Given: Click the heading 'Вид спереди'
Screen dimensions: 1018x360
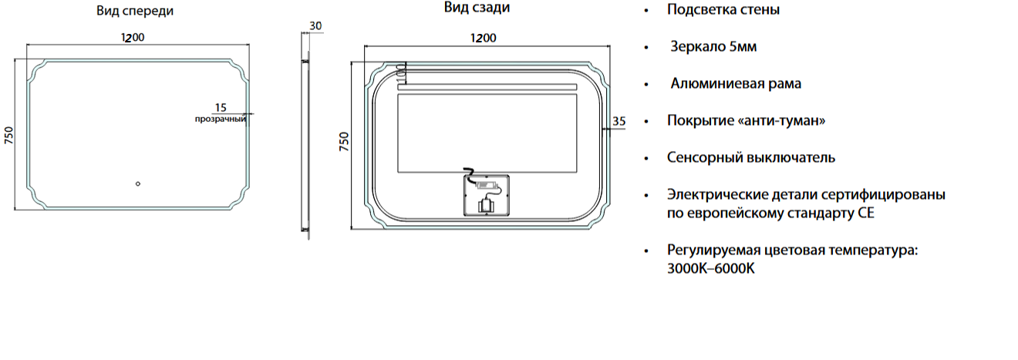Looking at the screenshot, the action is [x=135, y=11].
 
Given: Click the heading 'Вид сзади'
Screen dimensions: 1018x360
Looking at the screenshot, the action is [x=477, y=8].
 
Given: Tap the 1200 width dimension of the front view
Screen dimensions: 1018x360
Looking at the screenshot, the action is [x=133, y=37].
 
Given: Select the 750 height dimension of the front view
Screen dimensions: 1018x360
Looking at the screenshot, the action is [x=8, y=136].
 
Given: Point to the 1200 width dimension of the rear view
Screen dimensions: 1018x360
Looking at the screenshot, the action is [x=483, y=39].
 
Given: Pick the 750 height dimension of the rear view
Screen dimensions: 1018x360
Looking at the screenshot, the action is [x=344, y=141].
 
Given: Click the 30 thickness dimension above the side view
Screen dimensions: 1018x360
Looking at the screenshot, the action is [x=315, y=26].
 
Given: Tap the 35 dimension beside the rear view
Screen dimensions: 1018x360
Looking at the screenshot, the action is [x=619, y=121].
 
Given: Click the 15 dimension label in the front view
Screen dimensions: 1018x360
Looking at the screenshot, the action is [x=221, y=108].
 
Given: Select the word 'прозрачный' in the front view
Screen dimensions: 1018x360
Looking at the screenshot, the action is [x=221, y=119].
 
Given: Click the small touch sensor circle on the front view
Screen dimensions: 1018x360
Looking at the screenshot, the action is [x=138, y=183].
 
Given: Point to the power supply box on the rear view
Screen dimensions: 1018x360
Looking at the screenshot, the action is [x=487, y=195].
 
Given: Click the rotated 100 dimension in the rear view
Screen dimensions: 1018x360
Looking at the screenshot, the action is [x=400, y=73].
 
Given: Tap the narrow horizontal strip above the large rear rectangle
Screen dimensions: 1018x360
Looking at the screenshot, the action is [x=487, y=87].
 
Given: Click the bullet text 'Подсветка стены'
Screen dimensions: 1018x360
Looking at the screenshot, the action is [x=723, y=9].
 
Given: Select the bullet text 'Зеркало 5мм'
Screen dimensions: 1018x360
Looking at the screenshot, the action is [x=713, y=46].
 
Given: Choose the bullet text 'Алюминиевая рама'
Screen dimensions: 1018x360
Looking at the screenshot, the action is [x=736, y=83].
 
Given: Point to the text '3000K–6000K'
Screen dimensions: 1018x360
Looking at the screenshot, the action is [x=711, y=268].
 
